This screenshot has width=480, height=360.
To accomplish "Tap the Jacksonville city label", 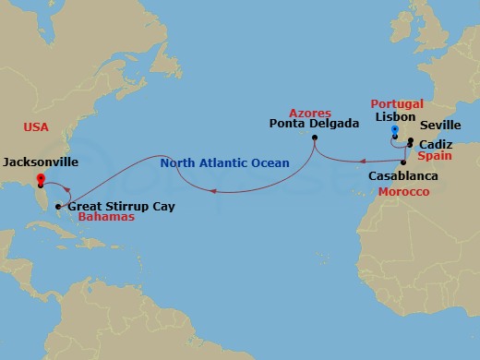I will point(40,162).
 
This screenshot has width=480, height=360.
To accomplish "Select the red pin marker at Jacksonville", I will point(40,179).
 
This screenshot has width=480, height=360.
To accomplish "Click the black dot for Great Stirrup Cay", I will point(59,206).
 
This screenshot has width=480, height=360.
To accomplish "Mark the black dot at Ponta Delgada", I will point(314,138).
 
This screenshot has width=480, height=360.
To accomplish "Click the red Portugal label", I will point(397,103).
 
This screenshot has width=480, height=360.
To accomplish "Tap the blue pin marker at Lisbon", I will point(395,131).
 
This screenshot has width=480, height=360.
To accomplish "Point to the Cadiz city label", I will point(434,145).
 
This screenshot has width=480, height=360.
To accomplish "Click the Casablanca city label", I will point(402,175).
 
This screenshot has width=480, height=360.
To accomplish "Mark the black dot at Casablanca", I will point(403,162).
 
